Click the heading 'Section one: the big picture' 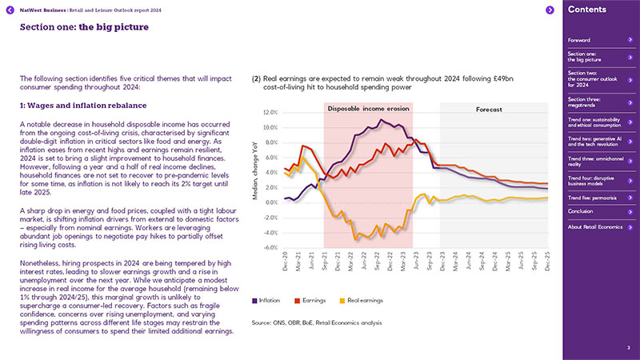[x=75, y=26]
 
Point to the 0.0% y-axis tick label [x=270, y=202]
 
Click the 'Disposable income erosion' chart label [x=369, y=108]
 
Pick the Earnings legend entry [x=312, y=302]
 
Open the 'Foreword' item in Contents [x=579, y=39]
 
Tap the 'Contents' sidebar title [x=591, y=10]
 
